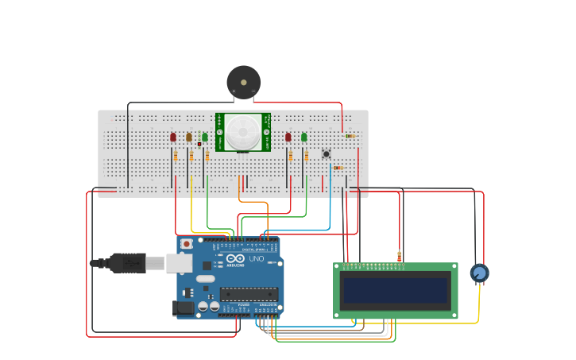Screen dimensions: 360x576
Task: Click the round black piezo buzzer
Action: click(243, 82)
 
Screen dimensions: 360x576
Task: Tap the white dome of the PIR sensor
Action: click(242, 132)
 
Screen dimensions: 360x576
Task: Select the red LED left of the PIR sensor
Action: click(173, 137)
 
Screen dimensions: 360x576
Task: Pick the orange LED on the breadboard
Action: click(189, 137)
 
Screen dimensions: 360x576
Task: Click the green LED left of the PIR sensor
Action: click(205, 137)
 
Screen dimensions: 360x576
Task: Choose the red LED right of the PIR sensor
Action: click(288, 137)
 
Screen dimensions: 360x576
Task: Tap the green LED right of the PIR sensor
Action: click(304, 137)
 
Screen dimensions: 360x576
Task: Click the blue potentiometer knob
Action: click(479, 273)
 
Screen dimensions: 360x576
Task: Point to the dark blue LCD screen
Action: click(395, 290)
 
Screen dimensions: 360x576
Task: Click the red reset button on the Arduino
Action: click(187, 244)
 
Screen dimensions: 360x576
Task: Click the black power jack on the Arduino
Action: click(184, 307)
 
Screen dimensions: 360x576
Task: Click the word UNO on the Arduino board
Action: click(257, 259)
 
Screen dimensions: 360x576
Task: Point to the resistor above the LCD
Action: click(399, 256)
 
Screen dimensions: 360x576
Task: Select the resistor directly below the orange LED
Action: click(191, 156)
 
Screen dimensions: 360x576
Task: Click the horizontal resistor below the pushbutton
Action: click(338, 168)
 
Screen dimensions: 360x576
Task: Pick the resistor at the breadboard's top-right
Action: click(350, 136)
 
